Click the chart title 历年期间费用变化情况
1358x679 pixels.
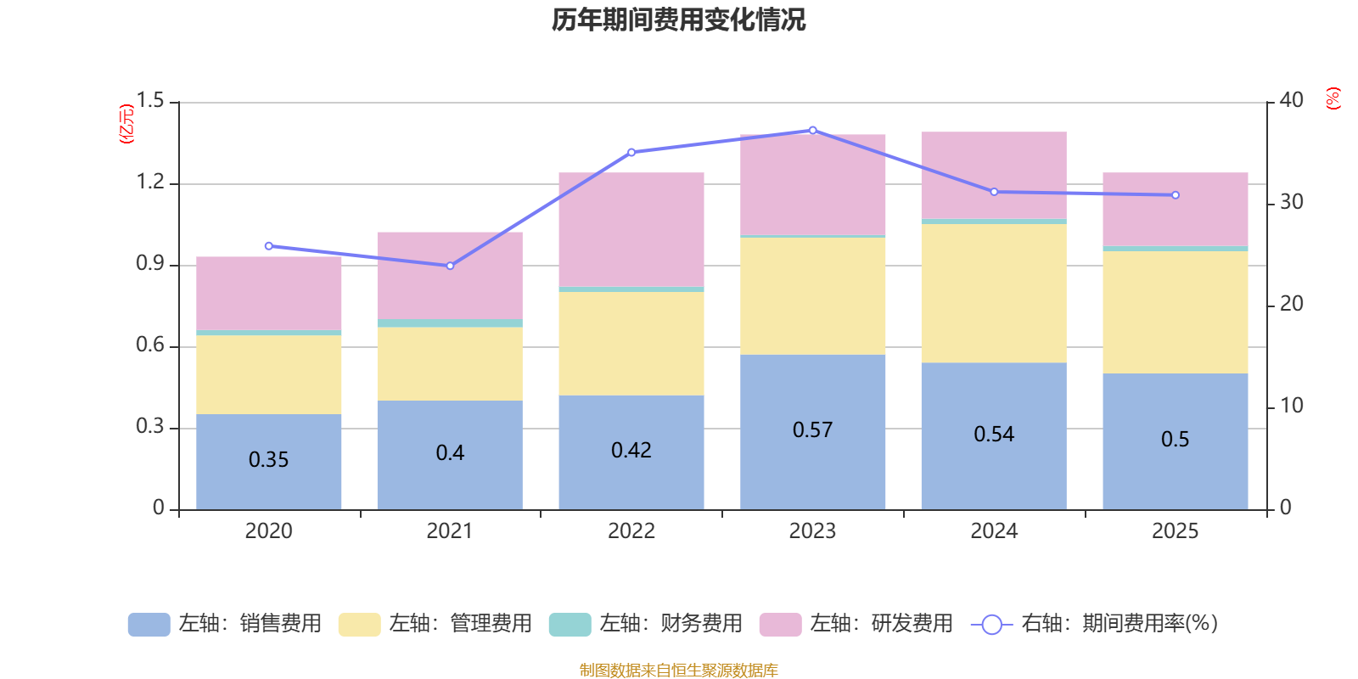(678, 20)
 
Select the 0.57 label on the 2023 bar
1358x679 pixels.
(812, 430)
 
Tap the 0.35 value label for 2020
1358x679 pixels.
(268, 460)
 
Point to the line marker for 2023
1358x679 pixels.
(812, 130)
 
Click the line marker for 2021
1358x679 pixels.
(450, 266)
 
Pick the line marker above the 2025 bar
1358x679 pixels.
(1176, 195)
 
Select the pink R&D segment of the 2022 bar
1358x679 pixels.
(631, 229)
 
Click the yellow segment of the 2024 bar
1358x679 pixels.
(994, 293)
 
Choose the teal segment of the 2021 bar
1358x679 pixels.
(450, 323)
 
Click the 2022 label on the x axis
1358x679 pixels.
(631, 531)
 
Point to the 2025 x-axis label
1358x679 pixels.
(1176, 531)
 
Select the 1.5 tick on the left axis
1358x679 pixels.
(150, 101)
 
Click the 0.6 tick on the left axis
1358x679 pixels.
(150, 345)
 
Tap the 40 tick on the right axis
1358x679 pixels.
(1291, 100)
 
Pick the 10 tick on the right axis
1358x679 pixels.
(1291, 406)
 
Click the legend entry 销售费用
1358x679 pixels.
(225, 624)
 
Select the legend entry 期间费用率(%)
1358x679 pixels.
(1095, 624)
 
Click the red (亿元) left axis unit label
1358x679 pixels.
(126, 124)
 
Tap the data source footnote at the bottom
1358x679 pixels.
(678, 671)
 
